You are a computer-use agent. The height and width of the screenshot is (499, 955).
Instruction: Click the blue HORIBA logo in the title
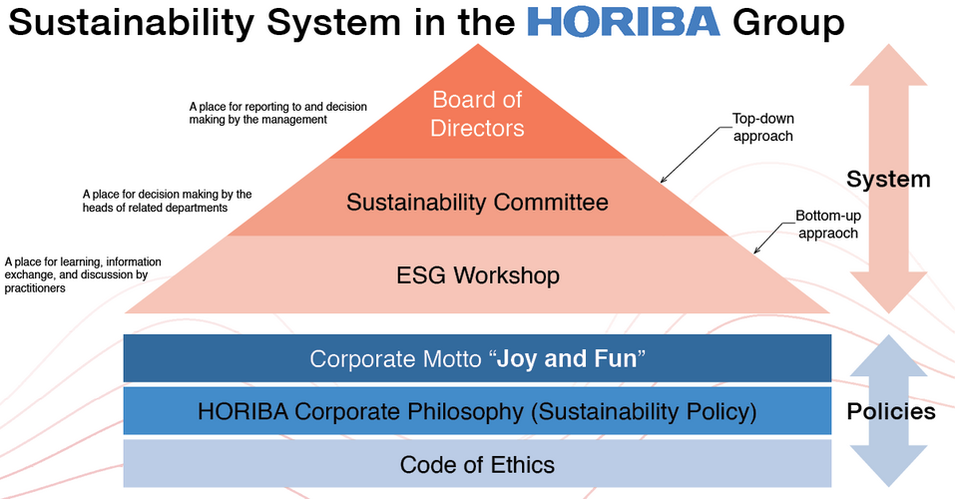point(624,22)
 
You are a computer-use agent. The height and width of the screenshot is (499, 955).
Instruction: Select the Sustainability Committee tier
point(477,198)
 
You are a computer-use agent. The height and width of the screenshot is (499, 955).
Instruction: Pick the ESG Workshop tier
point(477,274)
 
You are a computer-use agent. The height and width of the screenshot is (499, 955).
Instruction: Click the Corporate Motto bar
point(477,358)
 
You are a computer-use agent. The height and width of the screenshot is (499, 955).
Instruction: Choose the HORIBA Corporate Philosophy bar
point(477,410)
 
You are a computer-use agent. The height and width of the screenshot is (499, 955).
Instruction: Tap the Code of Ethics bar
point(477,464)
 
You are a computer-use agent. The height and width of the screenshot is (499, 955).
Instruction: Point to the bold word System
point(888,179)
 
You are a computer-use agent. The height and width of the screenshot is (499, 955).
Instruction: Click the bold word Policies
point(891,412)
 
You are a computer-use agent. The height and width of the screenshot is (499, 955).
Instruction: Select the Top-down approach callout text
point(763,128)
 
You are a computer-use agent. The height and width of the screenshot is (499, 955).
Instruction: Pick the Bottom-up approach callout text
point(828,225)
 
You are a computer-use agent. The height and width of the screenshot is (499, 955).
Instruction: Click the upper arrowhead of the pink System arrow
point(888,65)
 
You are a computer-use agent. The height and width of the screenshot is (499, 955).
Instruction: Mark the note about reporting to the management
point(277,114)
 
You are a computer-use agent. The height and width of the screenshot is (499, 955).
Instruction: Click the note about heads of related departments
point(167,201)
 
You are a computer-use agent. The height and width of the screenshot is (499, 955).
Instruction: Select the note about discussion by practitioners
point(83,274)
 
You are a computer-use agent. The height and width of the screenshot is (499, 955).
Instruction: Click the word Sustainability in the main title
point(132,23)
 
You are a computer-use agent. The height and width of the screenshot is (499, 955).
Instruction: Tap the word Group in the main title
point(788,23)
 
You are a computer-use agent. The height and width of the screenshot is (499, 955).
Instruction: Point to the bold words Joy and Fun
point(567,359)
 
